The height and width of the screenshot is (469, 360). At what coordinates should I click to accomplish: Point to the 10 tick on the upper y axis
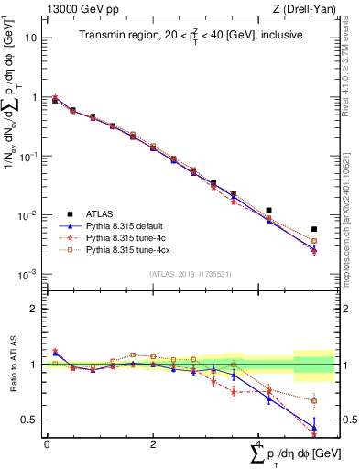tap(32, 38)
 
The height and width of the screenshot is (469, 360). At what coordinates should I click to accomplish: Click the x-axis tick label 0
tap(47, 444)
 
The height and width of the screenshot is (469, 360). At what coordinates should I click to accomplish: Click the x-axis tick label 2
tap(152, 444)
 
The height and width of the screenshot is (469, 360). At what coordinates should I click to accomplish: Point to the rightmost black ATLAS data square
tap(314, 229)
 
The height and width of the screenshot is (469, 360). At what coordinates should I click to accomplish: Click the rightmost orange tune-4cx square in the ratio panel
tap(314, 401)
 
